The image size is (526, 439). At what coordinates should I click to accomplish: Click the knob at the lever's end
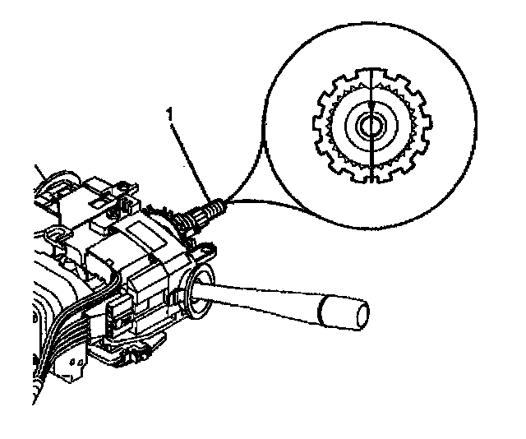[x=342, y=310]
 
